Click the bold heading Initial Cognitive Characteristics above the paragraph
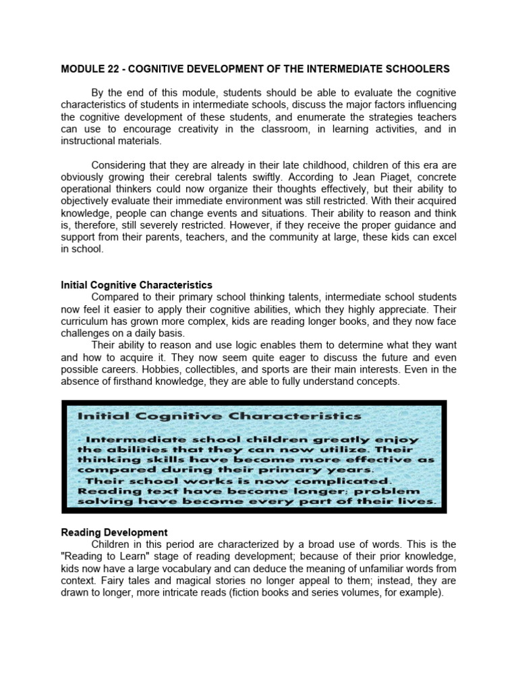coord(137,285)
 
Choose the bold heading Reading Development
coord(115,532)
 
